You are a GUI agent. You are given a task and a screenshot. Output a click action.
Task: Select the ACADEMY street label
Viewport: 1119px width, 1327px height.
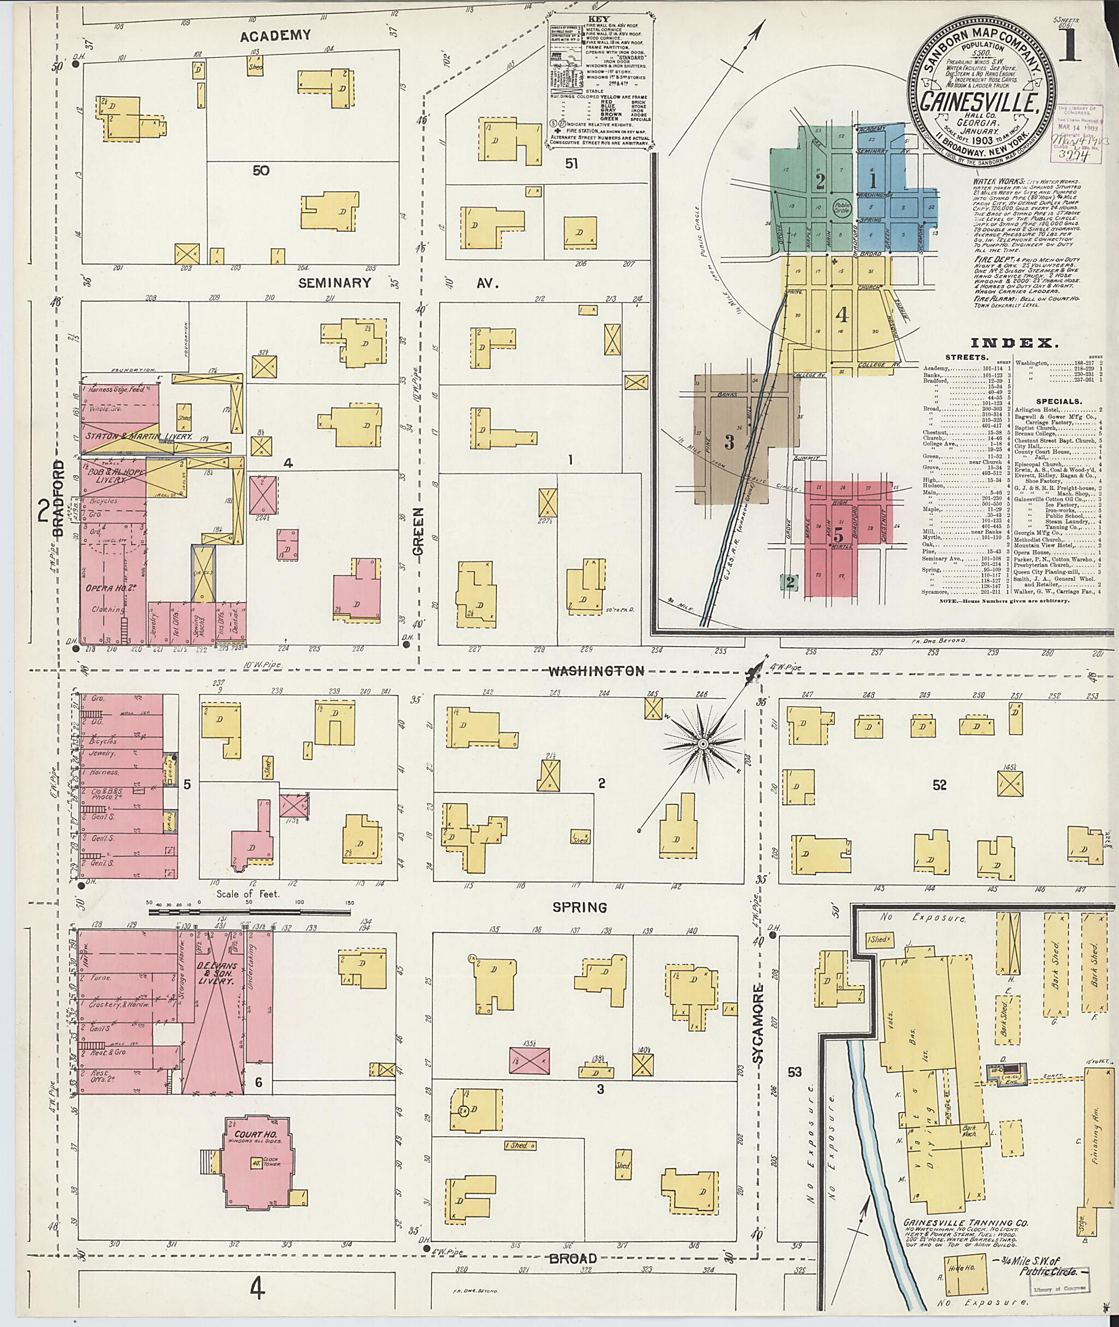(275, 36)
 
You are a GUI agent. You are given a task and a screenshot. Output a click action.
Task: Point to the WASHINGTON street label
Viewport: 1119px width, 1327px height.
(596, 670)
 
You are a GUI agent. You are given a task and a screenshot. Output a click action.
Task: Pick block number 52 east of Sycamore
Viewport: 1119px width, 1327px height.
(939, 785)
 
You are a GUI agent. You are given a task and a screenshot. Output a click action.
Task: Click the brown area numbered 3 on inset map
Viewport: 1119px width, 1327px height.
(729, 442)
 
